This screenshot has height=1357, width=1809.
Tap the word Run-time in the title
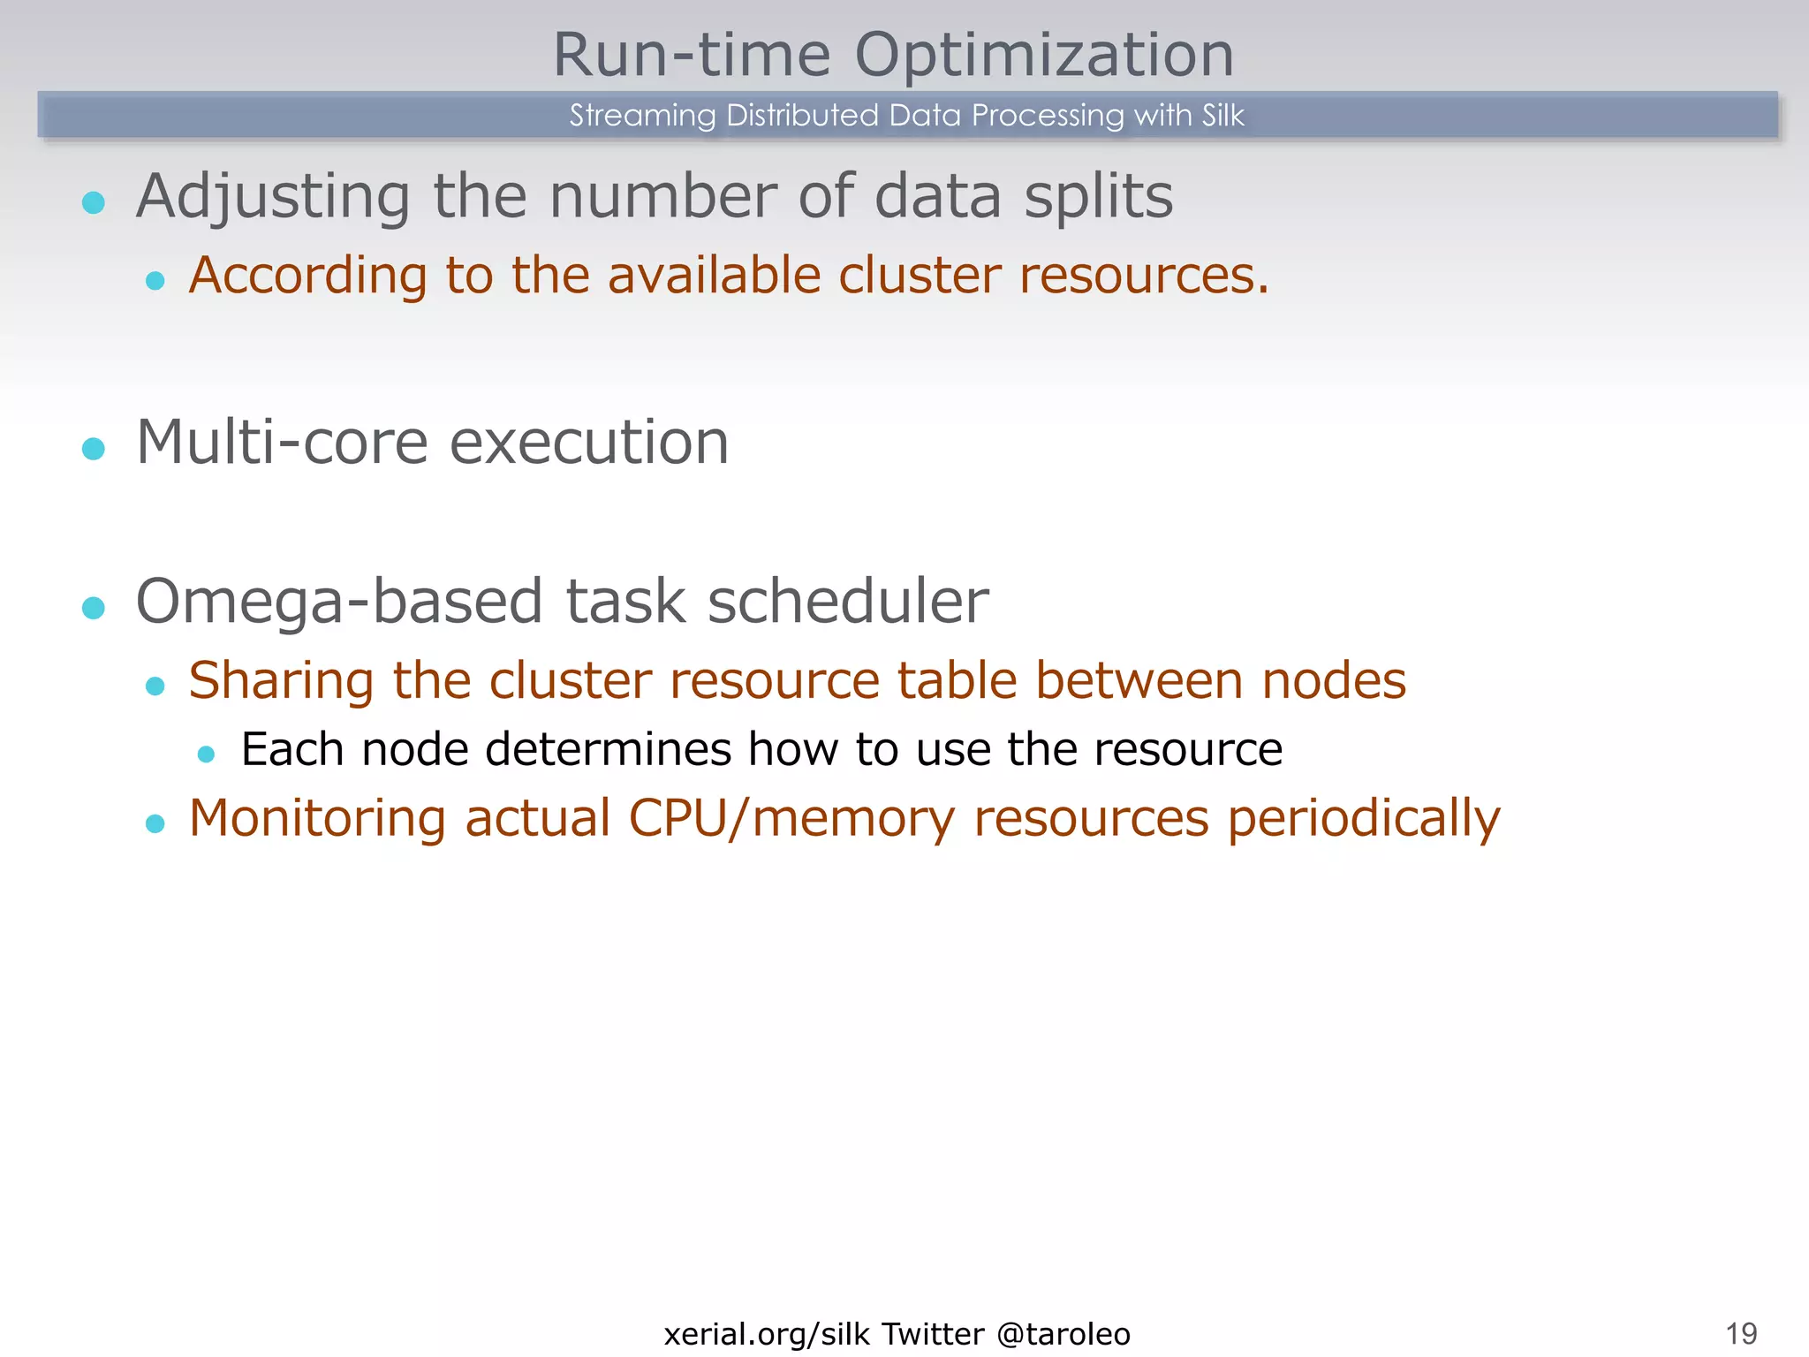click(x=692, y=55)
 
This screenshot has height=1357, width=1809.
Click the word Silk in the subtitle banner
click(x=1222, y=116)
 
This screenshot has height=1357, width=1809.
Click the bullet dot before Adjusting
click(x=94, y=202)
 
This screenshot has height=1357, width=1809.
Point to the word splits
click(x=1098, y=196)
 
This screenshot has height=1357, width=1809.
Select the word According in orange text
click(x=308, y=276)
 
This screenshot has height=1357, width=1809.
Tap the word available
click(x=715, y=275)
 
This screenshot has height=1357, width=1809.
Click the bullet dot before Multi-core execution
click(x=94, y=449)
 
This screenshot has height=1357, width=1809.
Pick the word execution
click(x=589, y=442)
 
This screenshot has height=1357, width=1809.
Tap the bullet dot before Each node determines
click(x=207, y=754)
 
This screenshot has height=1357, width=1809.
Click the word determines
click(x=608, y=750)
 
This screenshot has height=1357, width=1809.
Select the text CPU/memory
click(x=791, y=819)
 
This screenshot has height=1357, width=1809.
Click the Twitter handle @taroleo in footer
click(x=1063, y=1334)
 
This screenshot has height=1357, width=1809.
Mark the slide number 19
click(x=1741, y=1333)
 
